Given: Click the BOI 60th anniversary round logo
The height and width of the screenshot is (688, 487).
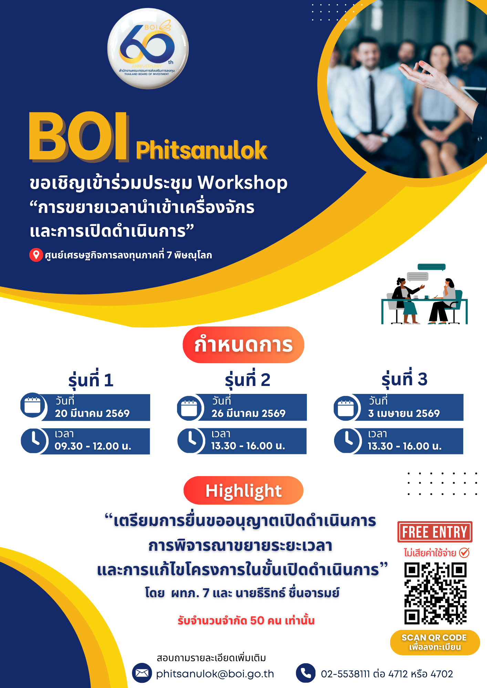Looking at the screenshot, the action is (x=148, y=49).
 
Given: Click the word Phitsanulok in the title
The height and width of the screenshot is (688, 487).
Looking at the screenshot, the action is (x=201, y=150).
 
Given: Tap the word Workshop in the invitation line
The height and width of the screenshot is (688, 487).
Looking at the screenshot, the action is (x=242, y=183).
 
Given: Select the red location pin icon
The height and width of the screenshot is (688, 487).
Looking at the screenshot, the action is (x=36, y=255).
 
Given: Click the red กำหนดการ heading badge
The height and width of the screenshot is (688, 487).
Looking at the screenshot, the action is (x=243, y=345).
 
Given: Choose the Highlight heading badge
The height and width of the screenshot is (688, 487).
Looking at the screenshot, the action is (x=243, y=490).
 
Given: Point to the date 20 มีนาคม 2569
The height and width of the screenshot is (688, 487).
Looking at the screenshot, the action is (x=92, y=413).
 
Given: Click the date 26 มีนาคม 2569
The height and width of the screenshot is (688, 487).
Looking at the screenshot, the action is (x=249, y=413).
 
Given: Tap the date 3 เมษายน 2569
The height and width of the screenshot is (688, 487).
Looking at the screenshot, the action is (x=404, y=413).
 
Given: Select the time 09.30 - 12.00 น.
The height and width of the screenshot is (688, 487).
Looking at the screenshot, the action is (x=93, y=446).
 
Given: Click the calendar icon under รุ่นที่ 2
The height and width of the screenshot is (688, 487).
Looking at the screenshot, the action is (x=189, y=408).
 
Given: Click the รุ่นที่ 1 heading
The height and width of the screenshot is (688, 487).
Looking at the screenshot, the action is (x=91, y=380).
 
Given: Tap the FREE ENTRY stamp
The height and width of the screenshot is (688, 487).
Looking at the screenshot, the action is (x=435, y=532).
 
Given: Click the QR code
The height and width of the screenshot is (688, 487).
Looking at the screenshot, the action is (x=435, y=593).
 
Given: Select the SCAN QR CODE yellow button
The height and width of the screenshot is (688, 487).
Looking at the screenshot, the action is (x=435, y=642).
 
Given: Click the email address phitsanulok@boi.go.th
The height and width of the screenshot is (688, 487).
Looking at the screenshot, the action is (x=215, y=674).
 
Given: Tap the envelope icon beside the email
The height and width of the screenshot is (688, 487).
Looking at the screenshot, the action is (x=142, y=673).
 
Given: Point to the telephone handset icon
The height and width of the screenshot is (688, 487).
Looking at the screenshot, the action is (x=305, y=673).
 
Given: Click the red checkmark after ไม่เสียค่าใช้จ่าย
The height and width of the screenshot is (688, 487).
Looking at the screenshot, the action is (x=464, y=552).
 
